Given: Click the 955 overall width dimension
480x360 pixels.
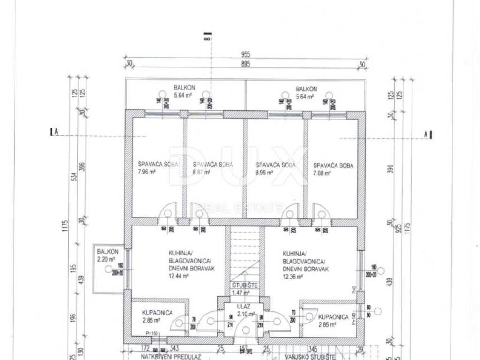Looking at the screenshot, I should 246,54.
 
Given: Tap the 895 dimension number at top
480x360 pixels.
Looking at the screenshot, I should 246,65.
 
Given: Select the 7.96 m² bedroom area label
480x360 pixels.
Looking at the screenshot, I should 146,172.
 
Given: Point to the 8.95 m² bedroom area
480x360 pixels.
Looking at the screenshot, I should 264,172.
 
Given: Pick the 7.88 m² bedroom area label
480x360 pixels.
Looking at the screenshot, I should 322,172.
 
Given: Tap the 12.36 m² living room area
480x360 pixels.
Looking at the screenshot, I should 292,277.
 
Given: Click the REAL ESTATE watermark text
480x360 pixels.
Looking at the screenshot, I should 241,207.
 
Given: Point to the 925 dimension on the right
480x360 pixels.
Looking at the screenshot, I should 398,229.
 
